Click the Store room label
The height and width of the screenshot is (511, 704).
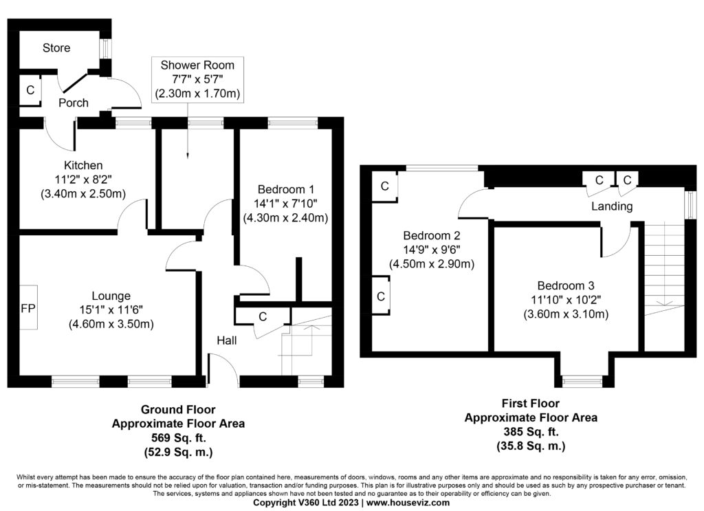point(56,47)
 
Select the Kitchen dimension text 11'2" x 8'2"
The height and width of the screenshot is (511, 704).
point(83,180)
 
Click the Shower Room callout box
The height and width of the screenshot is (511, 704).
point(197,80)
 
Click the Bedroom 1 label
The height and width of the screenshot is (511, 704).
point(285,189)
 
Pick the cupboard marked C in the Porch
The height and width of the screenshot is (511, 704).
point(30,90)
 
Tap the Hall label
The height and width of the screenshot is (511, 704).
point(227,340)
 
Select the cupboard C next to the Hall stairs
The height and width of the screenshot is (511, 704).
point(263,316)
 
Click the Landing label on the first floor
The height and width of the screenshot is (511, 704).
point(612,206)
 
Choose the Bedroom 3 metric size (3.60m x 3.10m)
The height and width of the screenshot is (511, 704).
point(566,314)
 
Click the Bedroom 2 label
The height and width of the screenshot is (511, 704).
point(432,235)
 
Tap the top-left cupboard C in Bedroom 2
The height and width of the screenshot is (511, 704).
point(385,186)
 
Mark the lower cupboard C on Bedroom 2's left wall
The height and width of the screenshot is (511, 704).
point(381,296)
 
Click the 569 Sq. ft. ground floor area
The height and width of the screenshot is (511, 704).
point(178,438)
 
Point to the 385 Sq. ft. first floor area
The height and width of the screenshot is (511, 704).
point(531,431)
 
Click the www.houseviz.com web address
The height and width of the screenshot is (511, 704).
point(408,503)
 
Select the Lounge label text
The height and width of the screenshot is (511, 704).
point(111,296)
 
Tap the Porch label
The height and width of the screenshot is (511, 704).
point(73,103)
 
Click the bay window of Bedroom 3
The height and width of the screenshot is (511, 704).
point(584,381)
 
